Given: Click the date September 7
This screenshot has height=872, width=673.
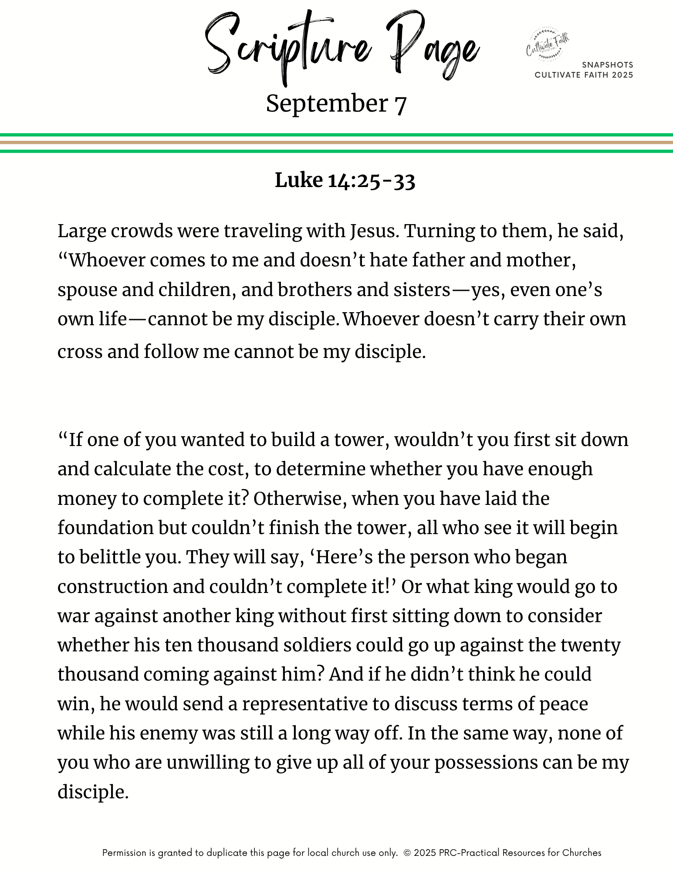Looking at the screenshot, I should tap(336, 104).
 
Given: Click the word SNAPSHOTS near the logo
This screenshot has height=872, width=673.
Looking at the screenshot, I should tap(607, 65).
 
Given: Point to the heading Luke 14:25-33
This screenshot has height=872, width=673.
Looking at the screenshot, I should tap(345, 181).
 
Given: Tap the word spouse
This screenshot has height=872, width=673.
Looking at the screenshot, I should tap(87, 290).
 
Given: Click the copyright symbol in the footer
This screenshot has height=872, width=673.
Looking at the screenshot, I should tap(407, 853).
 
